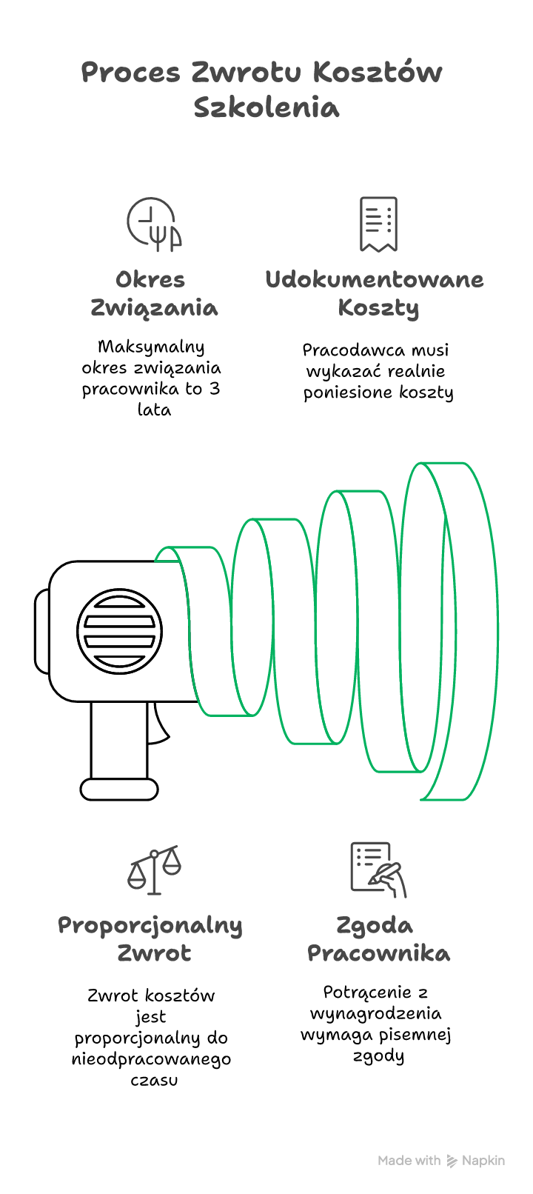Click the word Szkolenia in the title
pos(266,107)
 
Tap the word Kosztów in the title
pos(378,72)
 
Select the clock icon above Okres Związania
pos(154,224)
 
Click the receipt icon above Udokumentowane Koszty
pos(378,224)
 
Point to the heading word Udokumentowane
pos(375,280)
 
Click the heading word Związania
pos(154,309)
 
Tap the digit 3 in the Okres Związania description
pos(214,389)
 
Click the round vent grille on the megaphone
pos(119,631)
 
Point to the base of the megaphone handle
pos(119,790)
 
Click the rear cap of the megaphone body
pos(42,631)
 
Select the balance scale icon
pos(154,870)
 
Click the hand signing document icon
pos(378,870)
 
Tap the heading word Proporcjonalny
pos(150,927)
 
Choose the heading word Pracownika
pos(378,953)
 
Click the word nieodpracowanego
pos(151,1059)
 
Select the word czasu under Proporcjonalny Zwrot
pos(154,1081)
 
